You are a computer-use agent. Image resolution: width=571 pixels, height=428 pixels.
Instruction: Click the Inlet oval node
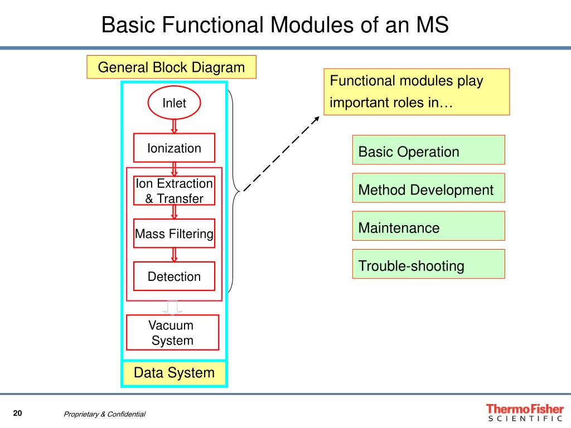pos(174,103)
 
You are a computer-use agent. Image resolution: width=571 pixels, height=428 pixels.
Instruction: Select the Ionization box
pos(174,148)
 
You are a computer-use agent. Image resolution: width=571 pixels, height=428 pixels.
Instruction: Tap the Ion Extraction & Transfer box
pos(174,191)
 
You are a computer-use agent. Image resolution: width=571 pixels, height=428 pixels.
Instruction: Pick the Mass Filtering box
pos(174,234)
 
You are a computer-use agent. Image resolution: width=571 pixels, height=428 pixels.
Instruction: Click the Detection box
pos(174,276)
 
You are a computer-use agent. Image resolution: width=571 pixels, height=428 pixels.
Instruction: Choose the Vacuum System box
pos(173,333)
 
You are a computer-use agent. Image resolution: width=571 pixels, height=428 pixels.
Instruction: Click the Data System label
pos(174,373)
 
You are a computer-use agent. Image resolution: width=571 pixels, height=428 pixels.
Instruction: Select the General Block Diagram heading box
pos(171,67)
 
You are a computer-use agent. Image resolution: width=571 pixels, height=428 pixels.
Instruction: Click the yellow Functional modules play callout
pos(417,92)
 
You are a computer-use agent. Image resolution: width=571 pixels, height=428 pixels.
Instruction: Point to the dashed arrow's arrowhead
pos(318,119)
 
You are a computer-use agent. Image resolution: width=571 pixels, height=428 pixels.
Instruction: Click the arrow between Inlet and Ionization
pos(174,126)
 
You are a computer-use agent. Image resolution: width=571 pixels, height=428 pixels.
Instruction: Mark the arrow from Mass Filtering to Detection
pos(174,255)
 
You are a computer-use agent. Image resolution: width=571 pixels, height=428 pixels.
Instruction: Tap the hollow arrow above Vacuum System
pos(173,307)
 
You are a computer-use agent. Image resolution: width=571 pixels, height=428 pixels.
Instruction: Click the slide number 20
pos(17,413)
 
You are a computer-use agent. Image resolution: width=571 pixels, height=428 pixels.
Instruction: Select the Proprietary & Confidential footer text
pos(104,414)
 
